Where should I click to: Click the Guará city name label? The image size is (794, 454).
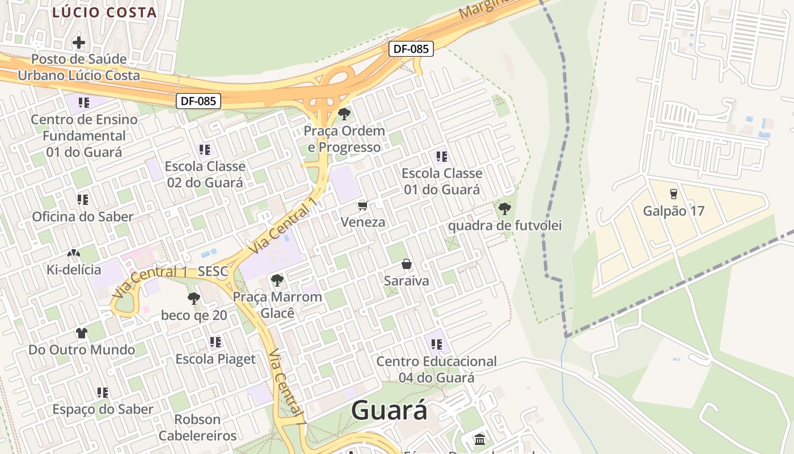[389, 410]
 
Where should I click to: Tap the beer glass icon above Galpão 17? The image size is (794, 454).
[673, 194]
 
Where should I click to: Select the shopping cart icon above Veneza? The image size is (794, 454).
[362, 205]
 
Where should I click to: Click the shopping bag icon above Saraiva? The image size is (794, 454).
[406, 264]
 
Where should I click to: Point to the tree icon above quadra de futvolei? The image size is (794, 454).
[504, 208]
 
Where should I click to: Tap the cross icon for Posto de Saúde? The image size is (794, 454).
[79, 42]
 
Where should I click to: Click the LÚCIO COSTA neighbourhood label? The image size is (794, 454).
[104, 12]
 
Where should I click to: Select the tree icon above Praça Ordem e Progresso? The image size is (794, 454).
[344, 114]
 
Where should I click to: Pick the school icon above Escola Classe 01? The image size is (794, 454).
[441, 156]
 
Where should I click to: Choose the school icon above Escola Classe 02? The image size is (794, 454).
[204, 150]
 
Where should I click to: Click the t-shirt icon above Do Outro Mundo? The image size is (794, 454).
[82, 333]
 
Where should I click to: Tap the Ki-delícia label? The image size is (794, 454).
[74, 270]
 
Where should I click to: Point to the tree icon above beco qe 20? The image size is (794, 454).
[194, 298]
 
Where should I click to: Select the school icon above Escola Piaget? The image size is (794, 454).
[215, 342]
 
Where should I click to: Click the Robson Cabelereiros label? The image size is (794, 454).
[197, 427]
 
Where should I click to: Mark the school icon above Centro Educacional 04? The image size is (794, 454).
[436, 344]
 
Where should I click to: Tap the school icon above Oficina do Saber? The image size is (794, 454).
[83, 200]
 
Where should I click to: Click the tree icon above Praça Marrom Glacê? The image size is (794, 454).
[277, 280]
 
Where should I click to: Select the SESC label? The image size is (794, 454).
[213, 272]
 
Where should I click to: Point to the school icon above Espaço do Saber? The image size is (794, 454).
[102, 392]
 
